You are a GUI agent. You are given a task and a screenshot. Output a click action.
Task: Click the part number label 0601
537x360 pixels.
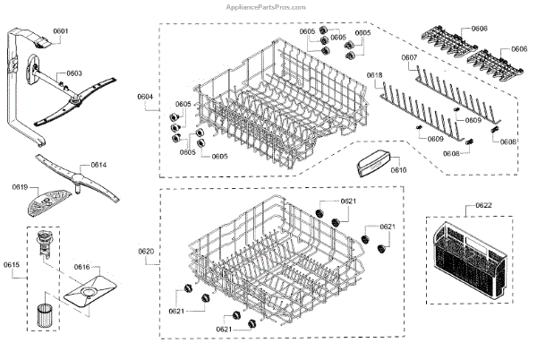pos(60,31)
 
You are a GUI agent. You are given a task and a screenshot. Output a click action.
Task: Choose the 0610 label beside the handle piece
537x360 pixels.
pos(398,168)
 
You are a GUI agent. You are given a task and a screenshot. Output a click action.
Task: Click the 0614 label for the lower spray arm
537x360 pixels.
pos(98,166)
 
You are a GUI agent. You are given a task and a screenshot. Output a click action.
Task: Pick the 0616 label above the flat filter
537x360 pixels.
pos(81,267)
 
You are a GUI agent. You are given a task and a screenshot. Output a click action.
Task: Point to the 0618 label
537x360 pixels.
pos(374,75)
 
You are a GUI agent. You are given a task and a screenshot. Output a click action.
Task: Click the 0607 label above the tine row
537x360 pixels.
pos(409,57)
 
